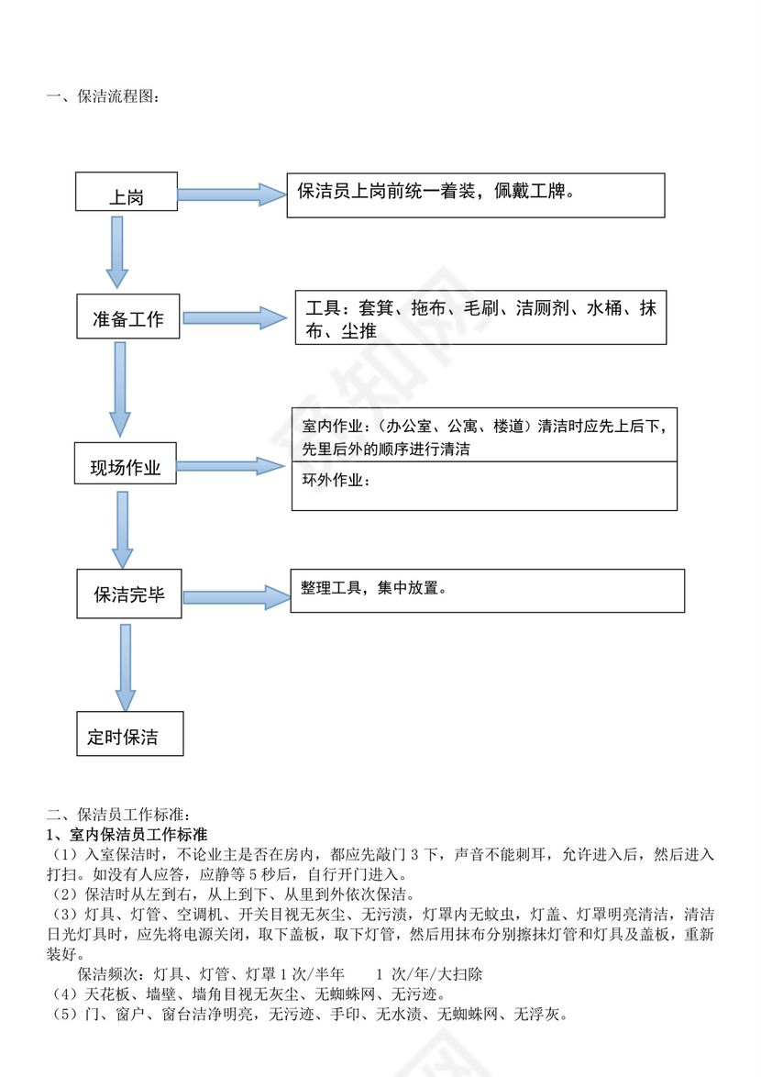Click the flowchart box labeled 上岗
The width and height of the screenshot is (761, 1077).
127,192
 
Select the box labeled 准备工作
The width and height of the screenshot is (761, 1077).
128,316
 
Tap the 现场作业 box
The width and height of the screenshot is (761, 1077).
126,463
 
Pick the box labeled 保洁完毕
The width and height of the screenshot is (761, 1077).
129,593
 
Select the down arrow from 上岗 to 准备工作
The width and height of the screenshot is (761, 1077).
116,252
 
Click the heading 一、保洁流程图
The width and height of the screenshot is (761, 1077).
102,96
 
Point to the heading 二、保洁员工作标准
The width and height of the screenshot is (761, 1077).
118,814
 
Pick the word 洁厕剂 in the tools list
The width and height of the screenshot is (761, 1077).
542,308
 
